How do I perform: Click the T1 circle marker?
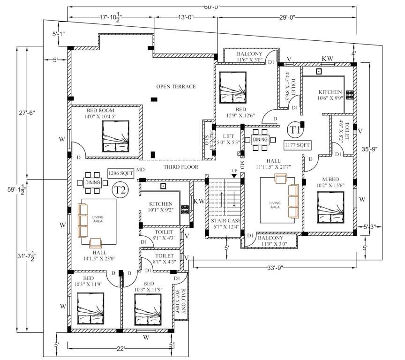pyautogui.click(x=294, y=129)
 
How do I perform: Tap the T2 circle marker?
pyautogui.click(x=120, y=190)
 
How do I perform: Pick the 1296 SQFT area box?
pyautogui.click(x=121, y=173)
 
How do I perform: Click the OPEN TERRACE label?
pyautogui.click(x=176, y=86)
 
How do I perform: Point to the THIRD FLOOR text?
pyautogui.click(x=181, y=167)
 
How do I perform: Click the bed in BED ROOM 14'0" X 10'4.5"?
pyautogui.click(x=115, y=136)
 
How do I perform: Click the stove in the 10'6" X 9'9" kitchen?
pyautogui.click(x=350, y=95)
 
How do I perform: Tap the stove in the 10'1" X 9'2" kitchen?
pyautogui.click(x=185, y=209)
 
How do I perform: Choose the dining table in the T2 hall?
pyautogui.click(x=92, y=183)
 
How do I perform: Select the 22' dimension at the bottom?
pyautogui.click(x=121, y=349)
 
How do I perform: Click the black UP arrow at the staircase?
pyautogui.click(x=234, y=175)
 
